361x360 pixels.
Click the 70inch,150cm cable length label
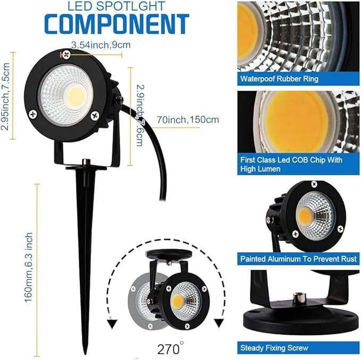point(188,119)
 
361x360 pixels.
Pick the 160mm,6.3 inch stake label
point(29,268)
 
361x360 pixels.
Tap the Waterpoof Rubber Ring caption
point(279,79)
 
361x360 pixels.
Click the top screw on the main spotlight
point(65,55)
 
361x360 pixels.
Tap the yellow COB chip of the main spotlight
point(77,96)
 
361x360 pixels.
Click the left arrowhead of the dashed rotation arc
point(112,322)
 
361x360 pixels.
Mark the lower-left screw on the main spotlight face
point(33,113)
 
